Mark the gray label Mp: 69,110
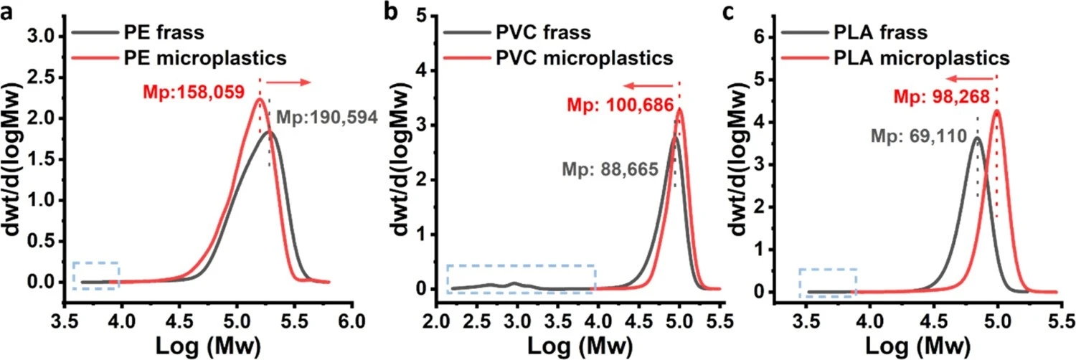(922, 135)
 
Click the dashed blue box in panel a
(95, 276)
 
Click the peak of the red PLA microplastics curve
(996, 110)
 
